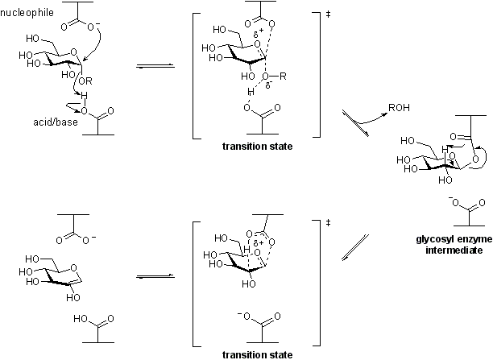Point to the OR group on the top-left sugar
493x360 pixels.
[x=83, y=78]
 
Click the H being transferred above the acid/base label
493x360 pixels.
[x=84, y=96]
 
